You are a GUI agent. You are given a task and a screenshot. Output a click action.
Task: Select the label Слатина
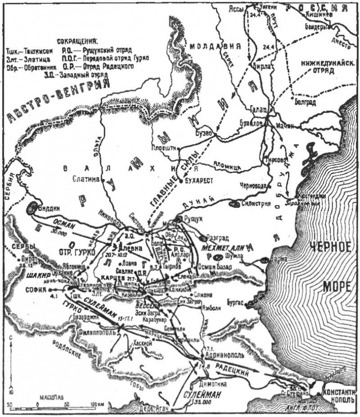[86, 179]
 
